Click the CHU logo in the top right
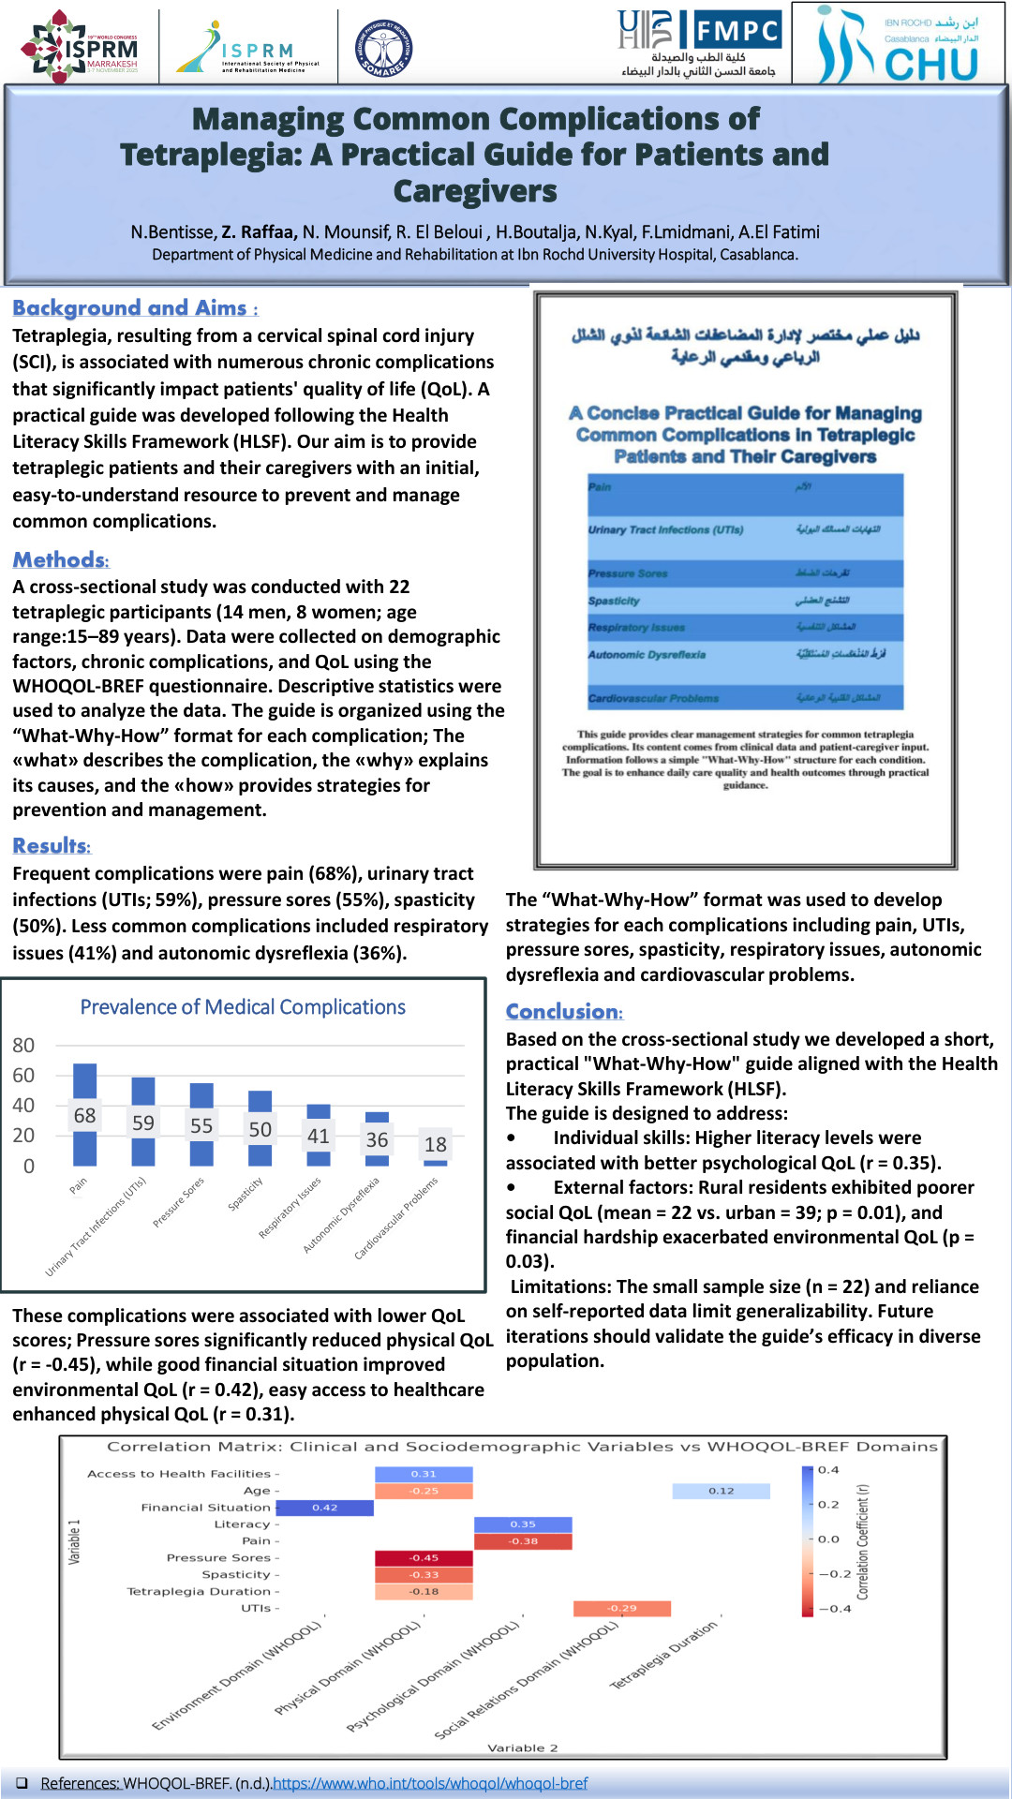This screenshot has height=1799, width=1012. point(900,45)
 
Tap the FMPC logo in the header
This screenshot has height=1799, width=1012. point(737,30)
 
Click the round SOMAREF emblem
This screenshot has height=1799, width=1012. point(384,48)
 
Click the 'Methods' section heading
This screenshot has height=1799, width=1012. point(60,560)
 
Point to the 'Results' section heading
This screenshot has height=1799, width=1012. point(52,846)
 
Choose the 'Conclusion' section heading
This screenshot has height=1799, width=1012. point(563,1012)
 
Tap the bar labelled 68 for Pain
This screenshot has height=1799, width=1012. point(85,1115)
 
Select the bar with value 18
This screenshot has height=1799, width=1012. point(436,1162)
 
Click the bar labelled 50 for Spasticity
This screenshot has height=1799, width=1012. point(260,1128)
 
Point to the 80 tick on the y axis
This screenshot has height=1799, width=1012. point(23,1046)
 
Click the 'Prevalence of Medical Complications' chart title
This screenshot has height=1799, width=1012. point(243,1007)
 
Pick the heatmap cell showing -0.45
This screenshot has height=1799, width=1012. point(424,1558)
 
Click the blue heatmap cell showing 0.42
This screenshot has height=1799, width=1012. point(325,1508)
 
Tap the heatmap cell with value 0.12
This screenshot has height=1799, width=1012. point(721,1491)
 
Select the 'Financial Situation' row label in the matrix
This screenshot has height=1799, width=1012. point(205,1508)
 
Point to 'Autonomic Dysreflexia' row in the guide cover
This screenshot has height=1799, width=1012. point(647,655)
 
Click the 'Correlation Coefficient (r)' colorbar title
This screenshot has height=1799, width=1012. point(863,1541)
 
